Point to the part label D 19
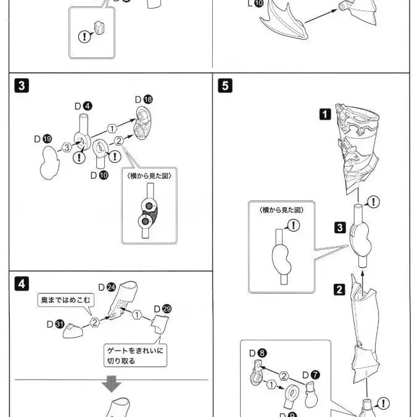(x=42, y=139)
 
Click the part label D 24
(x=107, y=287)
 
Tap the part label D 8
(x=258, y=353)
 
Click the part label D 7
(x=311, y=374)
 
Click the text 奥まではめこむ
(x=65, y=300)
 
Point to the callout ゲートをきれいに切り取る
(x=136, y=355)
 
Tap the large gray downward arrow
(x=112, y=386)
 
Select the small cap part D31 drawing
(x=76, y=330)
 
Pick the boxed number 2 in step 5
(x=339, y=288)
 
